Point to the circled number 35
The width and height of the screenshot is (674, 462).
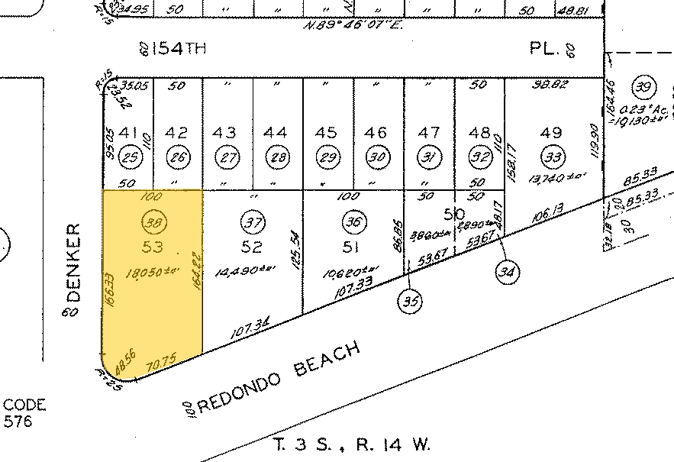pyautogui.click(x=410, y=301)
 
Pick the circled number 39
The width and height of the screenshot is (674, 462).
pyautogui.click(x=643, y=87)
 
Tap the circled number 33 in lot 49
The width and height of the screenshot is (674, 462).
pyautogui.click(x=552, y=158)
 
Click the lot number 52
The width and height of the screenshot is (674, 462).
pyautogui.click(x=253, y=247)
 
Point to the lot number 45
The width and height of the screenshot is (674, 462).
pyautogui.click(x=327, y=132)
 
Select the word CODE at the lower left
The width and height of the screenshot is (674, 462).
pyautogui.click(x=25, y=405)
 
